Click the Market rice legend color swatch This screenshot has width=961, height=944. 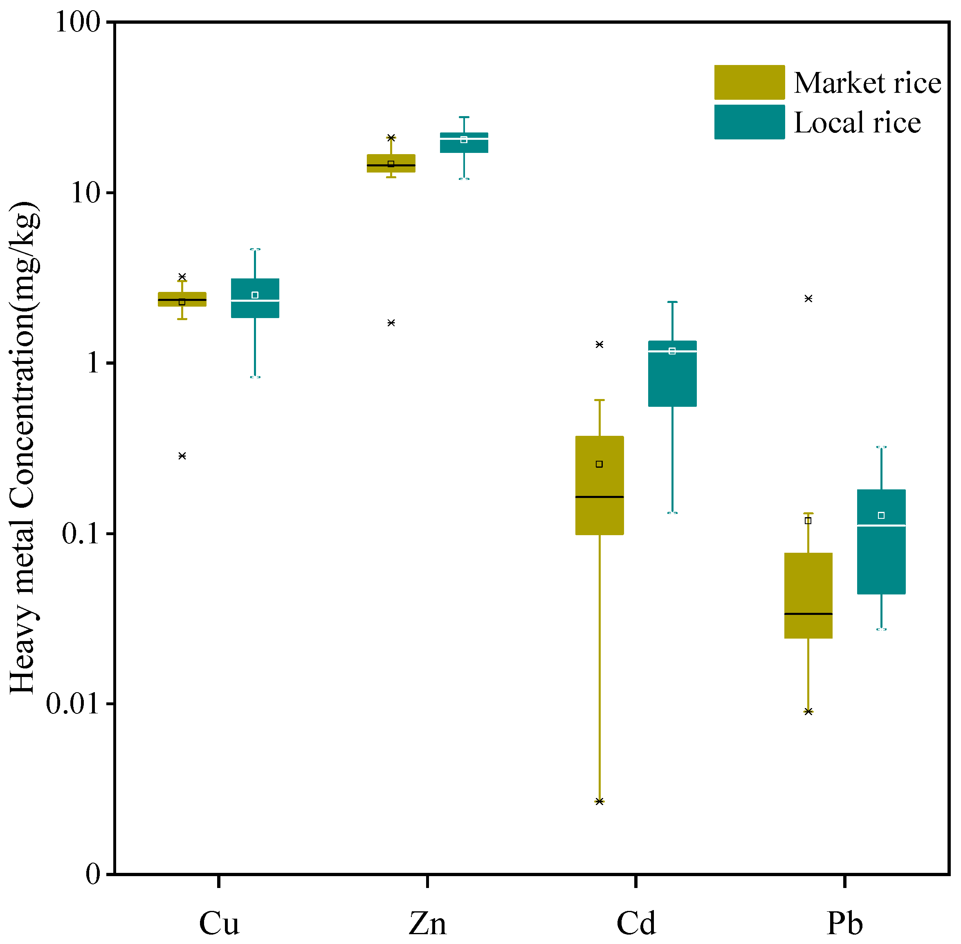click(x=749, y=82)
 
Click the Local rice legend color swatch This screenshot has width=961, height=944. click(x=749, y=122)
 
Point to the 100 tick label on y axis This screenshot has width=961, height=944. click(x=77, y=22)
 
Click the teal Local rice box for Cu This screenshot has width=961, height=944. click(x=255, y=310)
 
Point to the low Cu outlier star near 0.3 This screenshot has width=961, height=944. click(x=182, y=455)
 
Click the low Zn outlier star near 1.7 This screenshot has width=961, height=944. click(x=391, y=323)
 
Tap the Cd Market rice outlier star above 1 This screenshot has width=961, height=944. click(x=599, y=344)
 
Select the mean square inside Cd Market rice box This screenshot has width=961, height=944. click(x=599, y=464)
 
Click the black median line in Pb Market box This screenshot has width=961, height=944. click(x=808, y=614)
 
